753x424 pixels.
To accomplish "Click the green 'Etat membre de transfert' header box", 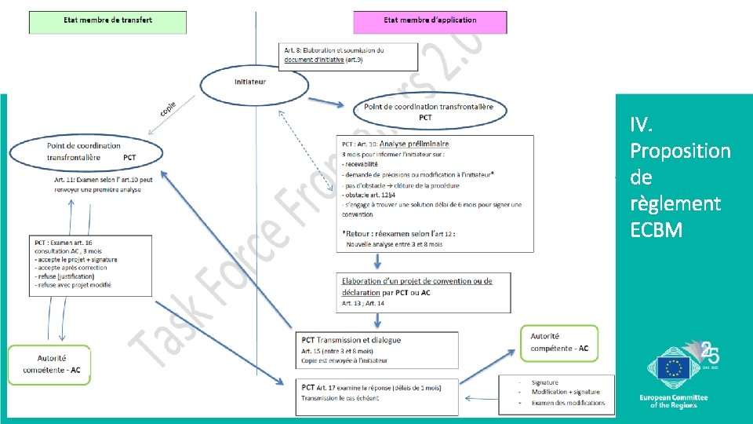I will coord(108,22).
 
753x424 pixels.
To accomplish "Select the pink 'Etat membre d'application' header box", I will coord(430,21).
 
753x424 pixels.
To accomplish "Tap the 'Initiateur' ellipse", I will coord(250,82).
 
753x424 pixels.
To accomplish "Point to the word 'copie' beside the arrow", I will coord(168,108).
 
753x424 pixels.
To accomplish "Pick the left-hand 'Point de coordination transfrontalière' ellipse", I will coord(86,152).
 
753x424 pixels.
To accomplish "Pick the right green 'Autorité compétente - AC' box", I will coord(558,342).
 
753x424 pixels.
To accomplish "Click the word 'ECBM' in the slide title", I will coord(656,230).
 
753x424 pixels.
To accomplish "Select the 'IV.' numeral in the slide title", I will coord(641,125).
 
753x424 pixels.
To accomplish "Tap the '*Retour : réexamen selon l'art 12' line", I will coord(398,233).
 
